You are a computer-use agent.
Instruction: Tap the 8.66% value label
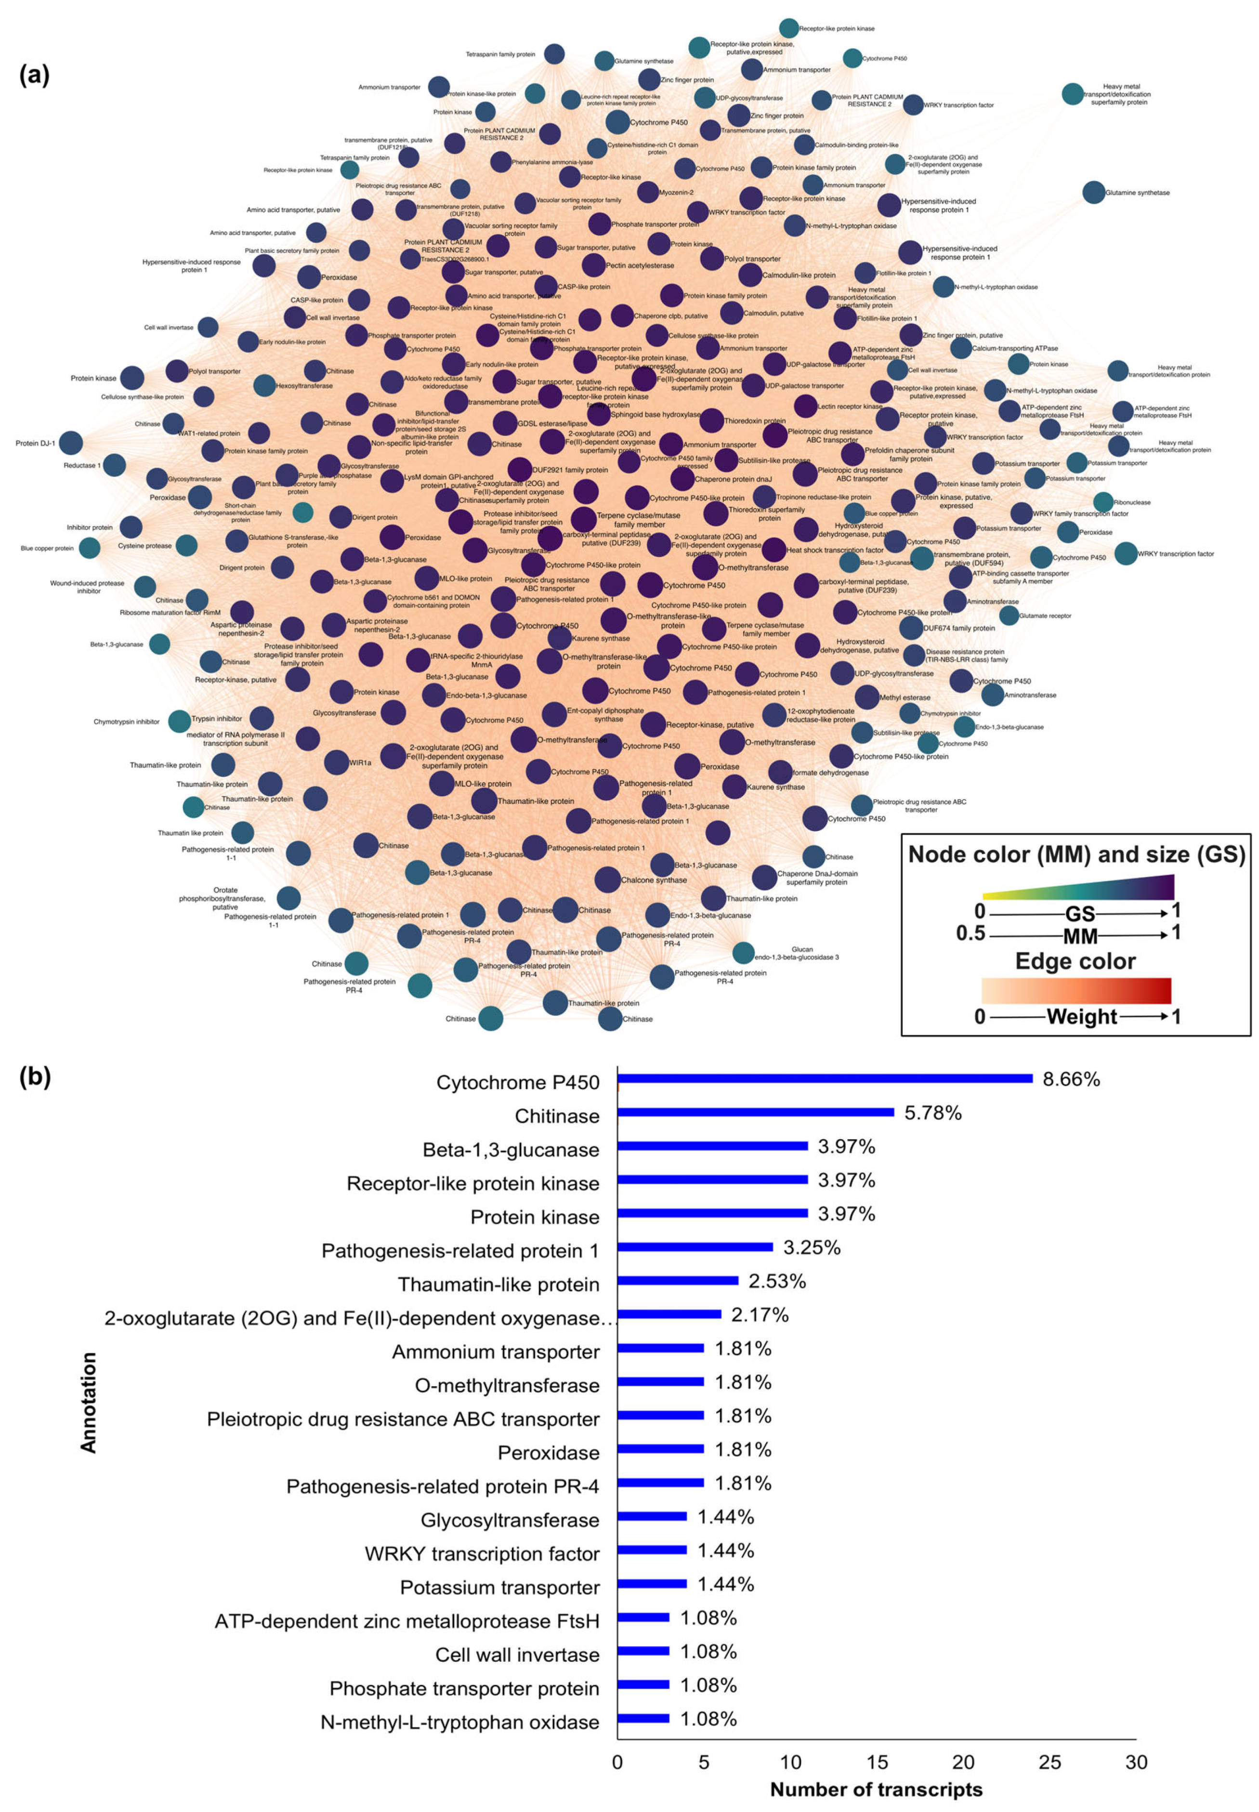point(1071,1079)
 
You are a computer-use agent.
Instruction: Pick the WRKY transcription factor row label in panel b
point(482,1554)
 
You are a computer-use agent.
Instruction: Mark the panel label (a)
point(34,75)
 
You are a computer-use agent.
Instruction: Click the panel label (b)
point(34,1077)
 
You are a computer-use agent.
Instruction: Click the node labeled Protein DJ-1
point(71,443)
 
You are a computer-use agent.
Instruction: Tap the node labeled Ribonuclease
point(1103,502)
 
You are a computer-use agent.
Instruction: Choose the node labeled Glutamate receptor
point(1008,615)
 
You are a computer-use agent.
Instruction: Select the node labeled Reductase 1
point(114,465)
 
